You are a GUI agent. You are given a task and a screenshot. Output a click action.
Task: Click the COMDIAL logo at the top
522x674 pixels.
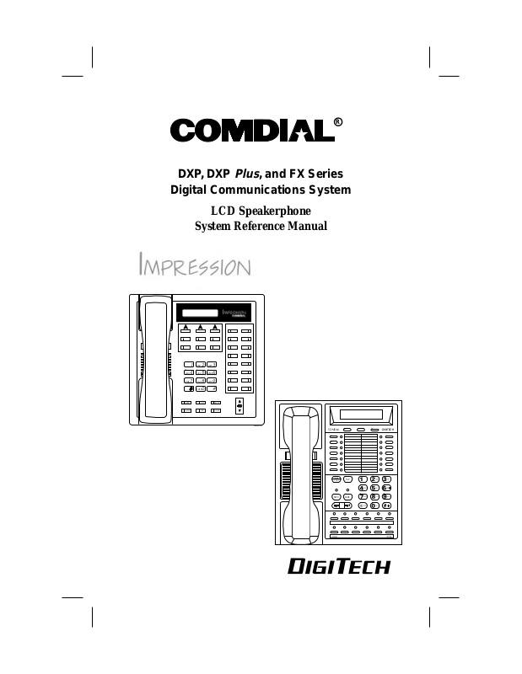252,131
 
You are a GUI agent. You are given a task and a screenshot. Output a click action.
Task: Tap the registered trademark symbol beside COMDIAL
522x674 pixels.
338,121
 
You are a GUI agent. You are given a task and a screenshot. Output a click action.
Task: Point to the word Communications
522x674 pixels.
262,190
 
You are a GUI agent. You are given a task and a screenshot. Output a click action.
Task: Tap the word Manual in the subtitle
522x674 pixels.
307,226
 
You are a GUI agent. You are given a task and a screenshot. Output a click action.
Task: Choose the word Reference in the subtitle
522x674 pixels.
260,226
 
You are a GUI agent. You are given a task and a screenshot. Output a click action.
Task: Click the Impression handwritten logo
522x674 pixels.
194,266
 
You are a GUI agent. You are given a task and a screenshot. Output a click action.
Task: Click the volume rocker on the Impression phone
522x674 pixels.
239,406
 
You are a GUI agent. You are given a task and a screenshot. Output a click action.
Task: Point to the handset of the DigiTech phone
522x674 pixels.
299,473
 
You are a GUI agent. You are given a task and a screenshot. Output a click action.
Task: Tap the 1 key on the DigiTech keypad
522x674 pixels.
363,479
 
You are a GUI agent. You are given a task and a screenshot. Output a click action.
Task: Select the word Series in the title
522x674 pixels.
323,174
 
